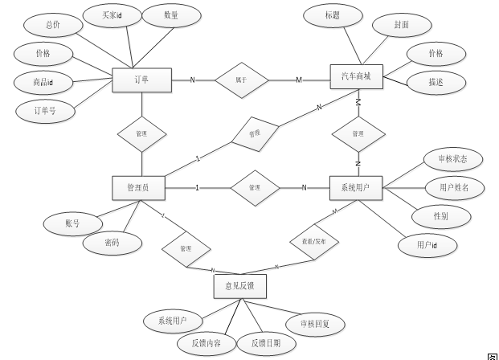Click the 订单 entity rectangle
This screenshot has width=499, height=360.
(x=141, y=80)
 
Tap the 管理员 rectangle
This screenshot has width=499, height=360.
(x=141, y=188)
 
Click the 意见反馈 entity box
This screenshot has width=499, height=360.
(x=240, y=284)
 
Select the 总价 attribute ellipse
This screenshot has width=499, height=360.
(x=53, y=25)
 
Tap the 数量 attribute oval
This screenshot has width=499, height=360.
(x=170, y=15)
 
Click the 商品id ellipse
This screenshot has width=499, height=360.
(x=43, y=82)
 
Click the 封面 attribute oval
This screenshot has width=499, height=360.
(x=402, y=25)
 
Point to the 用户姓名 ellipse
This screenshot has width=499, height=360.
(x=454, y=188)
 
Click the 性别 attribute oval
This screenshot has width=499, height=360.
(x=440, y=216)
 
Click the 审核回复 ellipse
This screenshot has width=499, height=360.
(x=321, y=324)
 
